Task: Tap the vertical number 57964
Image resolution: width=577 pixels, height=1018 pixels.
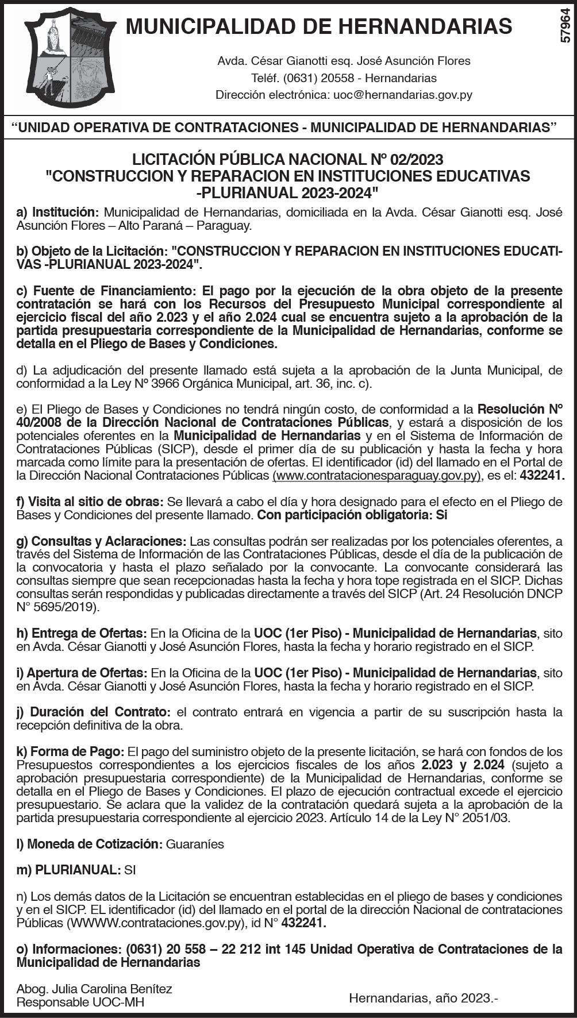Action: pyautogui.click(x=566, y=25)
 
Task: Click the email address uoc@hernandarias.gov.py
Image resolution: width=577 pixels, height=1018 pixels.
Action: pyautogui.click(x=402, y=95)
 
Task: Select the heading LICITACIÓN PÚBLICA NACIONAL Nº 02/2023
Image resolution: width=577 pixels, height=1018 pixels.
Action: pyautogui.click(x=288, y=159)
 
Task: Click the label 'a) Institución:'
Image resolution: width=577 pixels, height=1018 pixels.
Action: pyautogui.click(x=58, y=213)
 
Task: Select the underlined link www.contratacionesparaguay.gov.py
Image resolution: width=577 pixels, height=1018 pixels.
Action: pyautogui.click(x=376, y=475)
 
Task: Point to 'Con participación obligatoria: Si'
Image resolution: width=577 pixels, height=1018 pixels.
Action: pyautogui.click(x=352, y=515)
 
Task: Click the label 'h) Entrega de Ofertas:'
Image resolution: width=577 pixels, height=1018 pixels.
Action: pyautogui.click(x=82, y=633)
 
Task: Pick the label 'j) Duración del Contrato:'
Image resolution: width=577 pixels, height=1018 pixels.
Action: pyautogui.click(x=94, y=712)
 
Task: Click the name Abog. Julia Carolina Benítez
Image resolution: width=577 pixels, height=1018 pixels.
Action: pyautogui.click(x=94, y=989)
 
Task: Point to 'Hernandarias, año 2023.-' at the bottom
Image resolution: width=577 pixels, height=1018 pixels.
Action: pyautogui.click(x=423, y=998)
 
